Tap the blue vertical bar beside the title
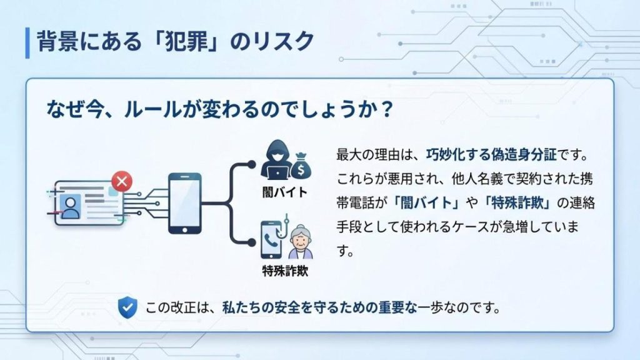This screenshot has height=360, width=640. click(x=27, y=42)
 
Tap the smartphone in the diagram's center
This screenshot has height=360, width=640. click(x=185, y=204)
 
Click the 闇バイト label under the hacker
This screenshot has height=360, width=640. click(x=285, y=192)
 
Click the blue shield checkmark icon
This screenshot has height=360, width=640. click(x=127, y=307)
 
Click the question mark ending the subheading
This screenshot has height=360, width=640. click(x=386, y=109)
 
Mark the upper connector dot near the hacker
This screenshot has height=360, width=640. click(x=252, y=164)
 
